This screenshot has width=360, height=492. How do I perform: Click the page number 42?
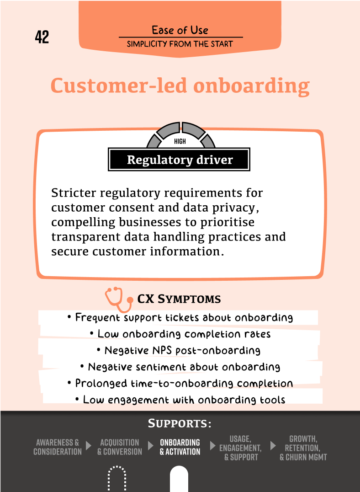pos(42,37)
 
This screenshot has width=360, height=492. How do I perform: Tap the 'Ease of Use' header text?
pos(180,30)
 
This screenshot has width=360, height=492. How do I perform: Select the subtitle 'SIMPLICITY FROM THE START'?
pos(180,44)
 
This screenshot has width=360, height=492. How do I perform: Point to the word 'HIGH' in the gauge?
pos(180,142)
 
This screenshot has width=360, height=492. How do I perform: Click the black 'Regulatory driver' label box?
pos(179,160)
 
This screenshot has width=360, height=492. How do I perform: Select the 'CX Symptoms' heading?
pos(179,299)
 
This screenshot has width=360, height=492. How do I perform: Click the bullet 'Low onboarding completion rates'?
pos(180,334)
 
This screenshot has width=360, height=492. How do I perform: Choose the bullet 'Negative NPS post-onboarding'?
pos(179,350)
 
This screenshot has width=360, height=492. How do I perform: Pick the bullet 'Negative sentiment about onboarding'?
pos(180,367)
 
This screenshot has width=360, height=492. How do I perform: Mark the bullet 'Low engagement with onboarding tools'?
pos(180,400)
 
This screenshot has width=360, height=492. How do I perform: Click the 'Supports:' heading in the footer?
pos(180,424)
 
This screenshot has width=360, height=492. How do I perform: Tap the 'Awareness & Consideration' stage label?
pos(58,447)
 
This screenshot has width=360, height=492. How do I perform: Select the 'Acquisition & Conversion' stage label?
pos(120,447)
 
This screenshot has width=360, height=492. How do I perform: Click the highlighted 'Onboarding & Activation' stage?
pos(180,447)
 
